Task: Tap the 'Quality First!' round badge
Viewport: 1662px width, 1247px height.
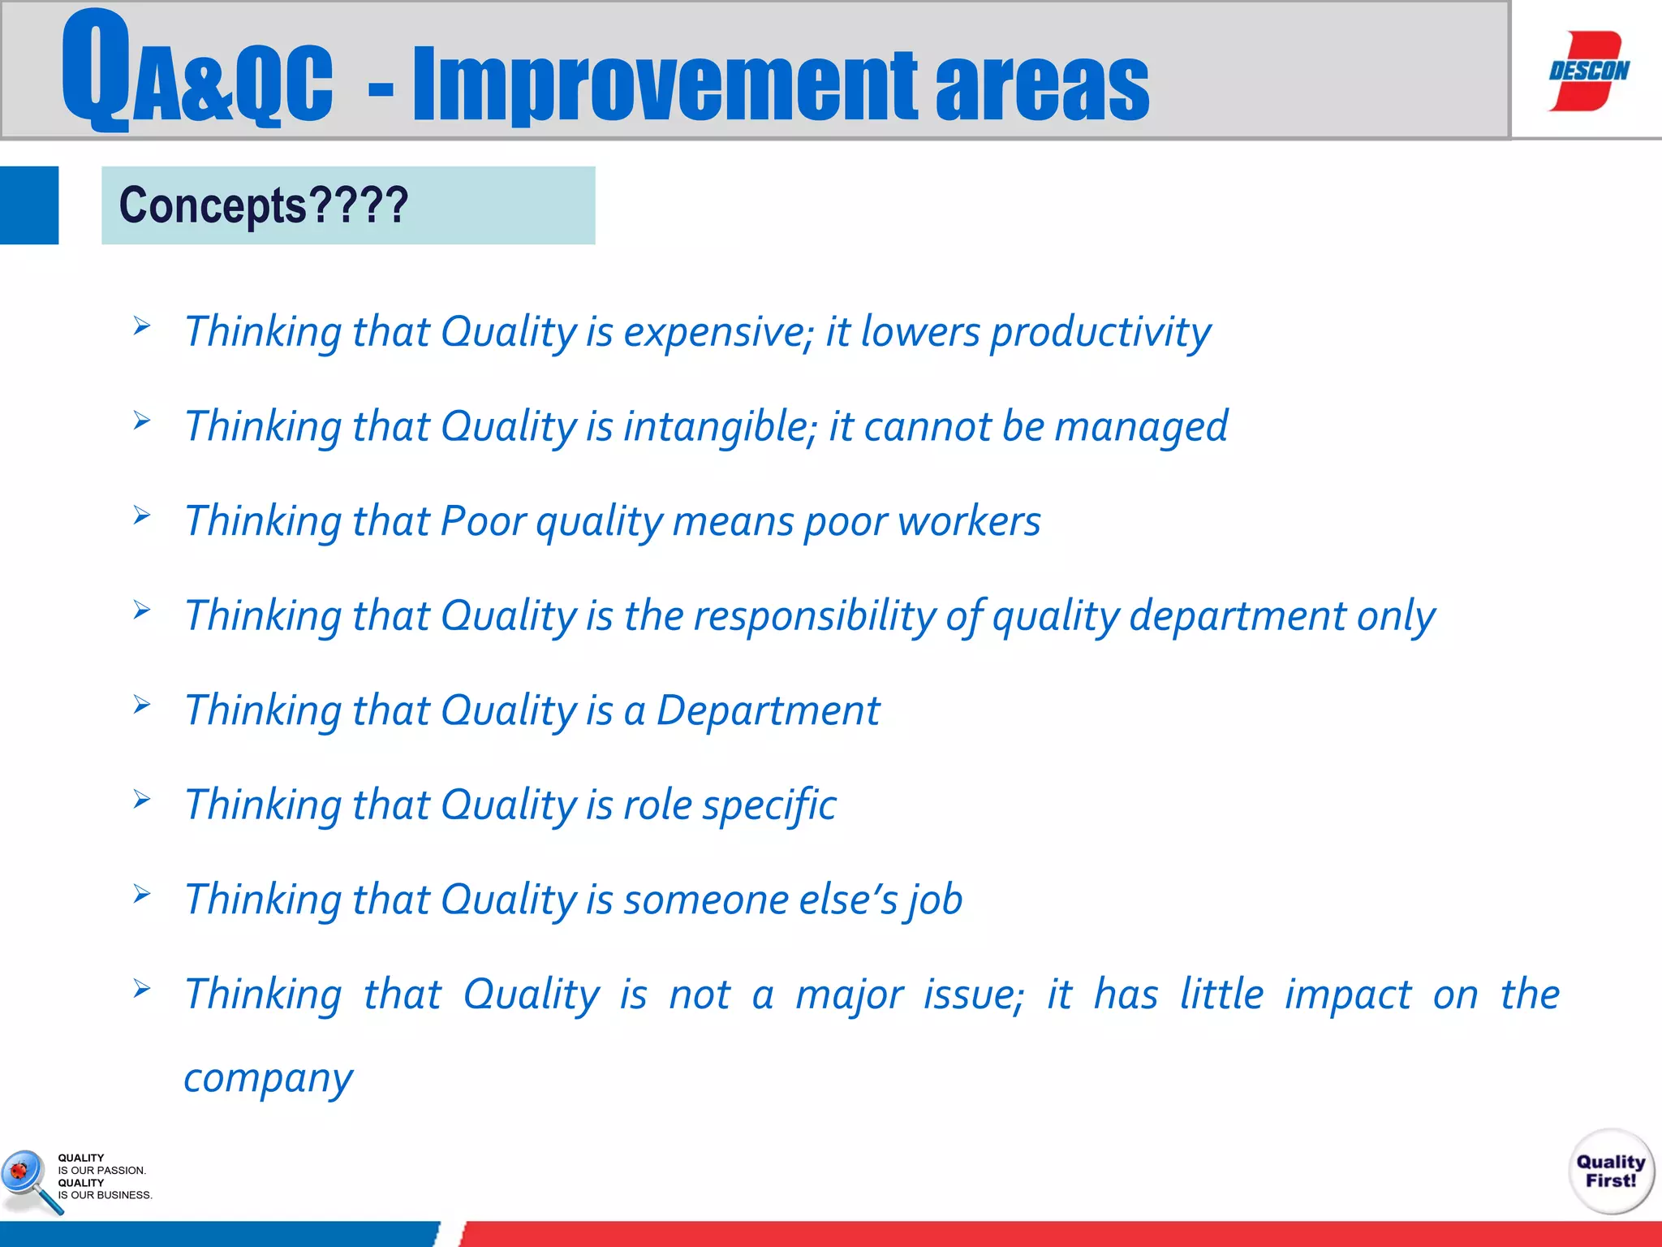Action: coord(1611,1171)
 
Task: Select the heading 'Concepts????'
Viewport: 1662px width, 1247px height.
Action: coord(264,205)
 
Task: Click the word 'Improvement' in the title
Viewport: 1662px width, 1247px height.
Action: coord(665,84)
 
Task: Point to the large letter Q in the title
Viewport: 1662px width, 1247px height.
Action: coord(95,68)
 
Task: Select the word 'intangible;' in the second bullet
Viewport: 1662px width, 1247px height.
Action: coord(720,427)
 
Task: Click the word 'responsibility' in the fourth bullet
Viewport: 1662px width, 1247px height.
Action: coord(820,616)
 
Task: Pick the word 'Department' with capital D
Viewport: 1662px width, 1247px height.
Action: coord(767,711)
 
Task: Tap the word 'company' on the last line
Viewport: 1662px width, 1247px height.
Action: coord(268,1079)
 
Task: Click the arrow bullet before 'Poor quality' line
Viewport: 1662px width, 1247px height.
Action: coord(142,516)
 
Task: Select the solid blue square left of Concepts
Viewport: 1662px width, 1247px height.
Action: coord(29,205)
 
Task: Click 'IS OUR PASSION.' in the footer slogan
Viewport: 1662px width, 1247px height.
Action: coord(101,1171)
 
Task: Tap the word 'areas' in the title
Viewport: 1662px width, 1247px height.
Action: coord(1042,84)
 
